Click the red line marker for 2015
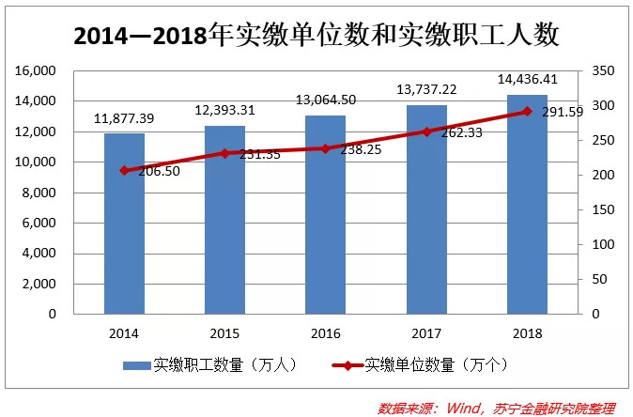click(x=224, y=153)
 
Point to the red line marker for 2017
click(x=426, y=131)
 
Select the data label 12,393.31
click(x=225, y=111)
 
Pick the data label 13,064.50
click(x=326, y=100)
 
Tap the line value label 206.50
click(x=158, y=172)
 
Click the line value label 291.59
click(x=563, y=112)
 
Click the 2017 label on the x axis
click(x=426, y=332)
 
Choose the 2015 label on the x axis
click(x=224, y=332)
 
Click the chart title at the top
click(x=316, y=35)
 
